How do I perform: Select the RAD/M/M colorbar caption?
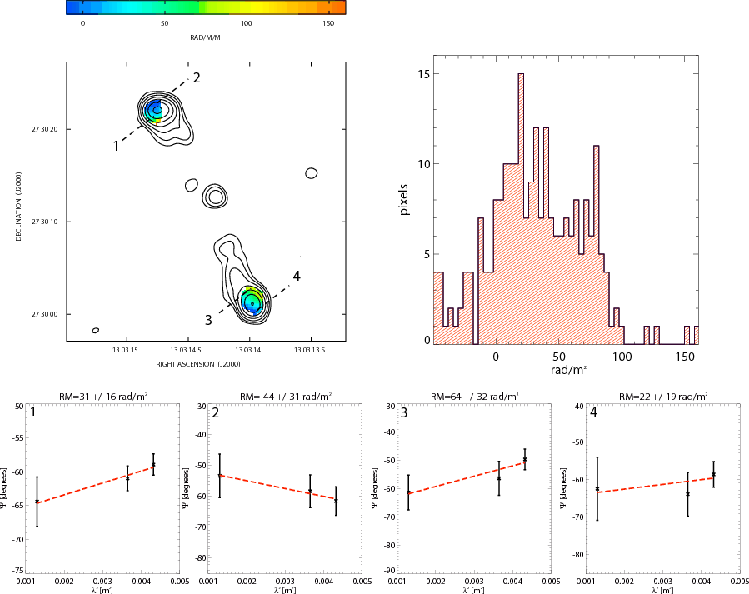206,37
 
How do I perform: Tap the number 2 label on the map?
197,78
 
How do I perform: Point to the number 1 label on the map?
116,147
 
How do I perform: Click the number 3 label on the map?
208,320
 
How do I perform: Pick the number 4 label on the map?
296,276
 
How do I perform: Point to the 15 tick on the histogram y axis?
424,74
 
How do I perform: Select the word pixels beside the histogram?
404,199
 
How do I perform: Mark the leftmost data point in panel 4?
597,489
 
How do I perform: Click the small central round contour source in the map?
216,197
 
